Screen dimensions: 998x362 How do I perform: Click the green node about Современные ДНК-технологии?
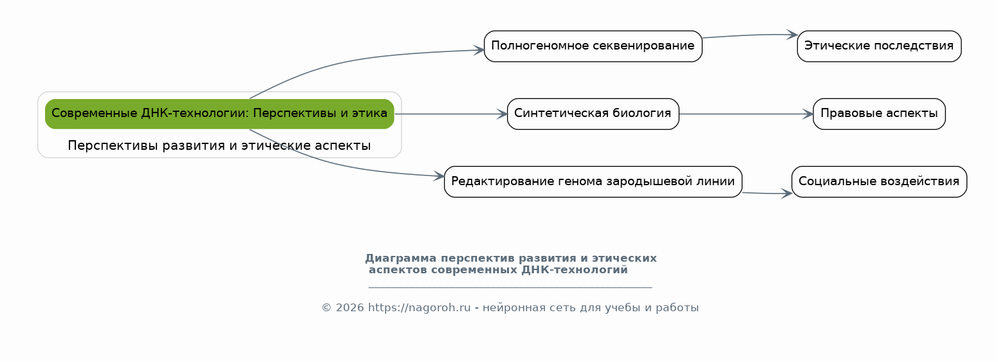click(219, 114)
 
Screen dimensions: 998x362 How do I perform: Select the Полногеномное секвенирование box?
click(593, 46)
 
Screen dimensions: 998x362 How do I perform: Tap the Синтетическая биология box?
click(593, 114)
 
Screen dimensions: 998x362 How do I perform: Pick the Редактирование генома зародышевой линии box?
click(593, 182)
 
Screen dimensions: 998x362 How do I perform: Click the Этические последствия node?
click(879, 46)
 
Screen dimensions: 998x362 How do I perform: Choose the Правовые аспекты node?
click(879, 114)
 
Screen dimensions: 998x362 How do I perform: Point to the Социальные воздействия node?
click(879, 182)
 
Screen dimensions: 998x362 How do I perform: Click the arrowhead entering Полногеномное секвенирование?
click(479, 50)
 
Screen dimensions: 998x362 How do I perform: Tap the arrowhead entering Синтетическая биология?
click(503, 114)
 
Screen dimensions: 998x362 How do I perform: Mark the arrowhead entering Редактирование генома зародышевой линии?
click(439, 176)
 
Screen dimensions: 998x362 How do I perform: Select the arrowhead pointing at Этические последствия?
click(793, 35)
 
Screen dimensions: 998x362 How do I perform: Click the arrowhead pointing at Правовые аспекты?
click(809, 114)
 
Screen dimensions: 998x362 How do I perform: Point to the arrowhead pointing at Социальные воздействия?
click(787, 194)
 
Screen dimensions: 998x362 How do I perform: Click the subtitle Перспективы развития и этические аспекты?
click(219, 145)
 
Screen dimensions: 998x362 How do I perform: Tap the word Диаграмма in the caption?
click(401, 258)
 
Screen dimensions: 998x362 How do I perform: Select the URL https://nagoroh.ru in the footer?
click(420, 308)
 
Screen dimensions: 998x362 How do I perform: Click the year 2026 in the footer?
click(350, 308)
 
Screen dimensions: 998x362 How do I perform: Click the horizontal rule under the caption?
click(511, 287)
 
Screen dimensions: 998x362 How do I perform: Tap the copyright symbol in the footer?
click(327, 308)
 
